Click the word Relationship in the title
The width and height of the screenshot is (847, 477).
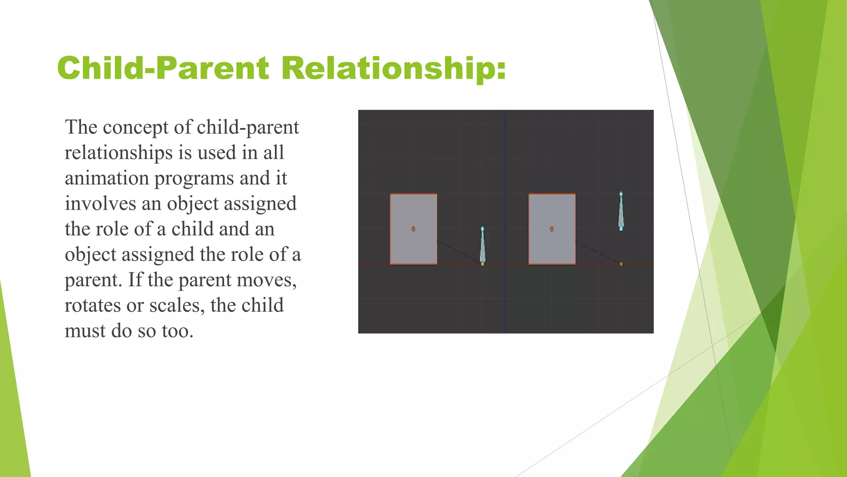point(393,68)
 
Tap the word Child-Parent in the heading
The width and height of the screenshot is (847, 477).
point(163,68)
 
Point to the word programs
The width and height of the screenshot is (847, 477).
point(194,178)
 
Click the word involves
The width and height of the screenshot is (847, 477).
point(100,204)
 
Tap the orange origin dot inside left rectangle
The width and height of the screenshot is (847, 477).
point(413,229)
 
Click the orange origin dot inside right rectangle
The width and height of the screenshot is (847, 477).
point(552,229)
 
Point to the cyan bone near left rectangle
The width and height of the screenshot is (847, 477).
point(482,245)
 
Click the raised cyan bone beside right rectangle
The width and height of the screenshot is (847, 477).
point(621,211)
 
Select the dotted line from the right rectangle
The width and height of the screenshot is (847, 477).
point(597,251)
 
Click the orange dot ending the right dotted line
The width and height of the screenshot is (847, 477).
point(621,264)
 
